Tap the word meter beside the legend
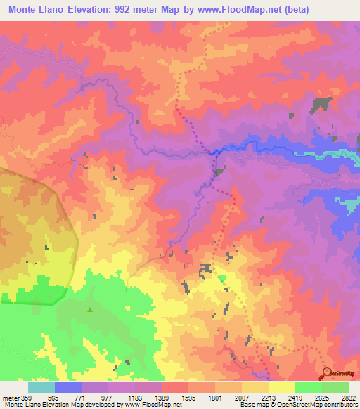11,396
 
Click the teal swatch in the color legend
41,387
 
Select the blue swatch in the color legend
68,387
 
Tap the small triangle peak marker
89,309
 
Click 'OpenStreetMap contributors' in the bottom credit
316,405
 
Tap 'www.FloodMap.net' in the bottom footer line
147,405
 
